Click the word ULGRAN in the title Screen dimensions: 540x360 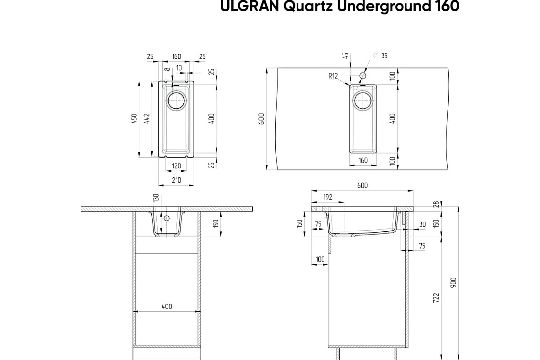[x=250, y=6]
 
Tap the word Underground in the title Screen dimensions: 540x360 [x=382, y=6]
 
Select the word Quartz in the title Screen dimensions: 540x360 [x=308, y=6]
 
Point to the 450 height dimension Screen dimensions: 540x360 [x=135, y=118]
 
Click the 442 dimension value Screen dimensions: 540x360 [x=147, y=118]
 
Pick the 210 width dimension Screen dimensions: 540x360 [x=176, y=180]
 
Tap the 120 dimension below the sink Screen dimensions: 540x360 [x=176, y=166]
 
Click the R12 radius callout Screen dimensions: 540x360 [x=333, y=76]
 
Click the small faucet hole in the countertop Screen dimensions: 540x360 [x=363, y=76]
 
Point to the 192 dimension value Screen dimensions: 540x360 [x=328, y=197]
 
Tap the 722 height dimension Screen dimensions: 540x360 [x=436, y=298]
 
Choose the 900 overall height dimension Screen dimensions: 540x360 [x=454, y=283]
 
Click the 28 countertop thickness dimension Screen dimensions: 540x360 [x=437, y=204]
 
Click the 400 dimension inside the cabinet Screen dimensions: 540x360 [x=167, y=306]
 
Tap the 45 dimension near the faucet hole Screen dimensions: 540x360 [x=346, y=55]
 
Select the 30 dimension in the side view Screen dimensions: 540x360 [x=422, y=224]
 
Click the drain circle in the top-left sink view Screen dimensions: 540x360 [x=176, y=101]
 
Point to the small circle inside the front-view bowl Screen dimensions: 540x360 [x=167, y=218]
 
